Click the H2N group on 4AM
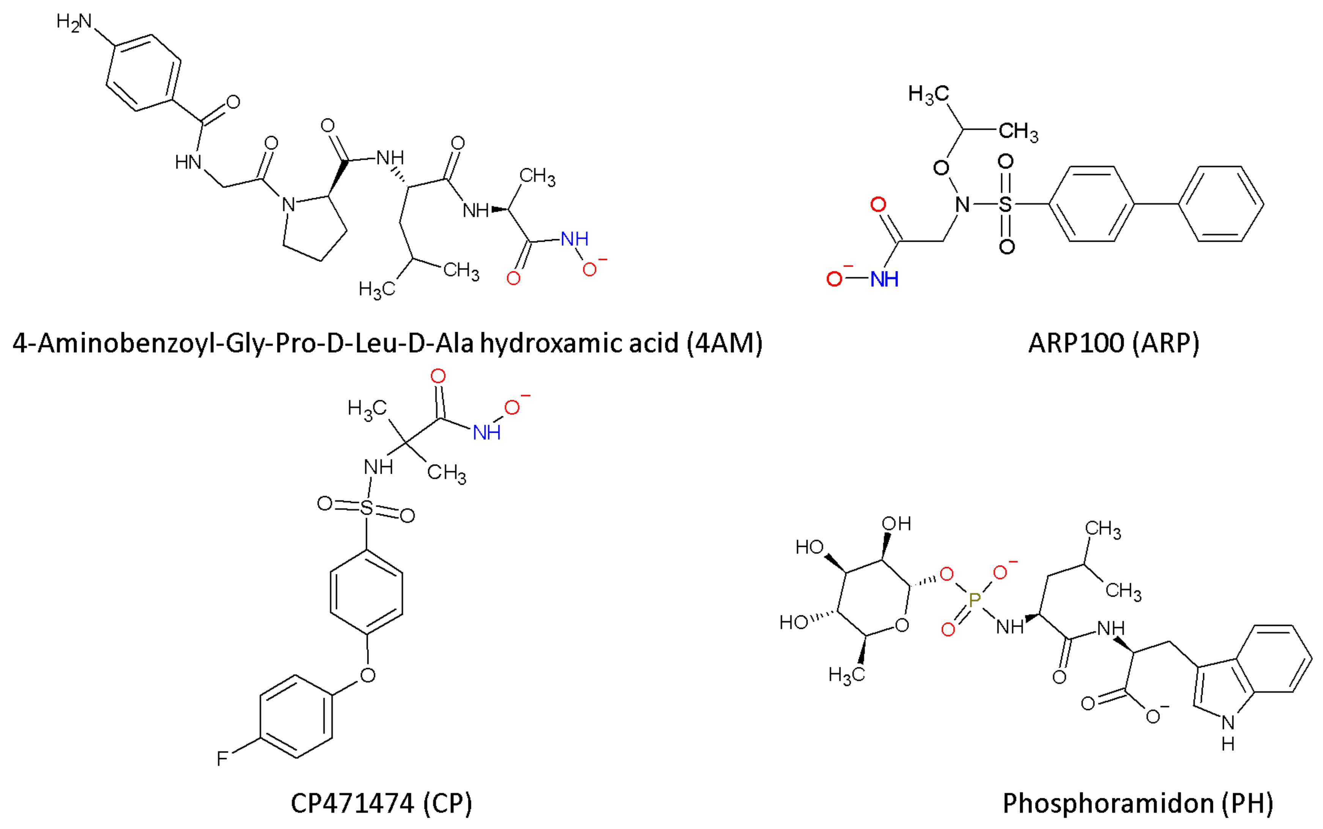point(74,22)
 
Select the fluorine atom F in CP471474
point(222,758)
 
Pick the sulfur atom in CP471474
point(366,508)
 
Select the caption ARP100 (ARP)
point(1114,343)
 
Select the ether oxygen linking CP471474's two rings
point(368,675)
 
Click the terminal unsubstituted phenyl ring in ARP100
point(1221,204)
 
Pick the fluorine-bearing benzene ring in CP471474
point(296,716)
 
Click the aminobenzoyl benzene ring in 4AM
point(143,73)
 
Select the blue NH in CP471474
point(487,433)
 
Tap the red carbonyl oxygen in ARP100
point(878,205)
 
